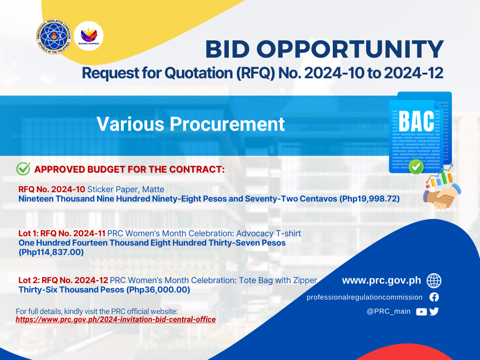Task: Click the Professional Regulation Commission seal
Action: pos(54,37)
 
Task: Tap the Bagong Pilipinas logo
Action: pos(89,36)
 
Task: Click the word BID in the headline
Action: pos(227,49)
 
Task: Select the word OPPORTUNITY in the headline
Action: pos(350,49)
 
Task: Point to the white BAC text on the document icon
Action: pos(416,121)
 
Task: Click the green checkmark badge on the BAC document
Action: pos(416,167)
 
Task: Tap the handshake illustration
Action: pos(442,196)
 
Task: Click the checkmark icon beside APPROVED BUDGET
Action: pos(23,169)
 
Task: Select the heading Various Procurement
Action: pos(190,124)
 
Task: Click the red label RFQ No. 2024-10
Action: pos(52,189)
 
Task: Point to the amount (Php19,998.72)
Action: pos(369,199)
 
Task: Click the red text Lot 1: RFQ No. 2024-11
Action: pos(62,233)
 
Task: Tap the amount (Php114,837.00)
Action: pos(51,252)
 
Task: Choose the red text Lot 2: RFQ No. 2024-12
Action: pos(63,280)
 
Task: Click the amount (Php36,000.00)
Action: pos(158,290)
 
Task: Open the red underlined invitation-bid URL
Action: pos(116,320)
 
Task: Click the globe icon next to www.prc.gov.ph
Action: pos(434,281)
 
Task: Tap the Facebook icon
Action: pos(434,297)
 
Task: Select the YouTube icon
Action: pos(421,312)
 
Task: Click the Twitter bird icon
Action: pos(434,311)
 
